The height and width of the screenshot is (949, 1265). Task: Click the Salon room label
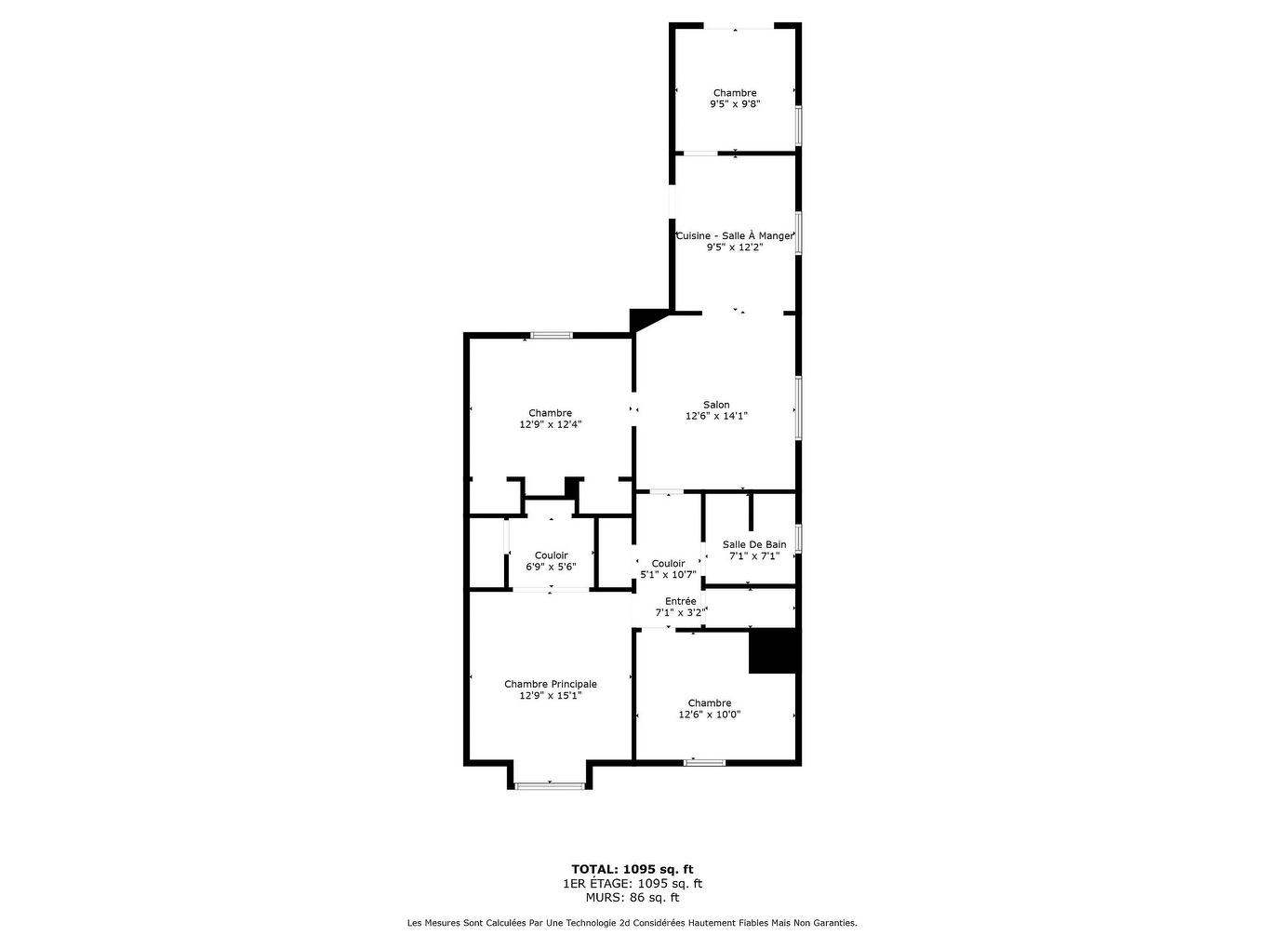[716, 405]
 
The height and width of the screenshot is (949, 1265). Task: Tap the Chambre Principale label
[550, 684]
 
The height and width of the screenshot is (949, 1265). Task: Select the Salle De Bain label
[753, 544]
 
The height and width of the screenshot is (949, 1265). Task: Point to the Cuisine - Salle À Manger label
[735, 235]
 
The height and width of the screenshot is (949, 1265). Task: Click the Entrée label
[680, 601]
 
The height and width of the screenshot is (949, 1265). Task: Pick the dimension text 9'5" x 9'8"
[735, 104]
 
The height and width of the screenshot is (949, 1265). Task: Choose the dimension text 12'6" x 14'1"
[716, 416]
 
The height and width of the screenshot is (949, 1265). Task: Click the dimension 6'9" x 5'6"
[551, 567]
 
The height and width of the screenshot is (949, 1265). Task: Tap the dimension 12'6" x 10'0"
[709, 715]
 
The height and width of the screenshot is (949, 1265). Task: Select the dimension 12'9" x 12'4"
[550, 424]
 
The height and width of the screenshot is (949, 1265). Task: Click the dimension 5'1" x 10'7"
[668, 574]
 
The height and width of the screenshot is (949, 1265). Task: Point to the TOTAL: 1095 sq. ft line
[632, 869]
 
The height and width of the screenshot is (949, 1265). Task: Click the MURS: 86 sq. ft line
[632, 897]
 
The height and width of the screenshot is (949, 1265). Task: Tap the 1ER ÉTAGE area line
[632, 883]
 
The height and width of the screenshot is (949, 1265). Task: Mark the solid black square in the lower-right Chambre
[772, 651]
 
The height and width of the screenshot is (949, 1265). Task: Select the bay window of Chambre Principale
[550, 785]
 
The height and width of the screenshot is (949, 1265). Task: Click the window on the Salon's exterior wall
[799, 408]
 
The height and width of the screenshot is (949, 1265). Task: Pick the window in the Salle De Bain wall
[799, 538]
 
